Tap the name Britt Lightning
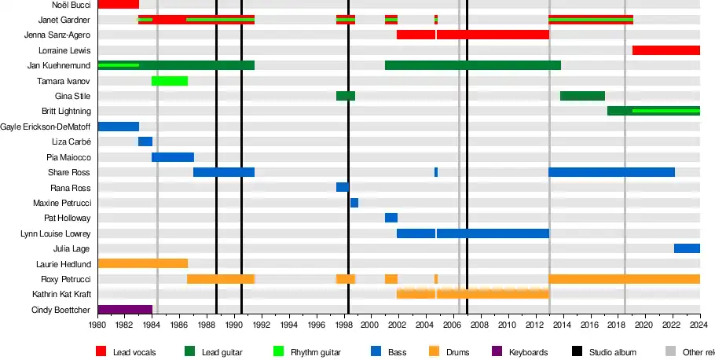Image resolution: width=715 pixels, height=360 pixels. click(66, 112)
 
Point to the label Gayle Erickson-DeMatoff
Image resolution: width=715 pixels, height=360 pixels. click(46, 127)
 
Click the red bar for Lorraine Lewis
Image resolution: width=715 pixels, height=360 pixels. click(665, 50)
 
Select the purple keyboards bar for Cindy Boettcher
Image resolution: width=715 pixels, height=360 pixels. click(125, 310)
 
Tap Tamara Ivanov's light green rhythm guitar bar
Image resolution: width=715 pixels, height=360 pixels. click(170, 81)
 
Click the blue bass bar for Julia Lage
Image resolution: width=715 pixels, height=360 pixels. click(687, 248)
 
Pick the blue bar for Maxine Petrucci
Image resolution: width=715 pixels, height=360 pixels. click(354, 203)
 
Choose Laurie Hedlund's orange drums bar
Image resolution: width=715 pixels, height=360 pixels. click(143, 264)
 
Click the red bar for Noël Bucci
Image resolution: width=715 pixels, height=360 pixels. click(119, 5)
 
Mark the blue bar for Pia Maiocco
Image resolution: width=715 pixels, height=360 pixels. click(173, 157)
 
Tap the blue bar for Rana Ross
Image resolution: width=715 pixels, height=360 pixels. click(343, 187)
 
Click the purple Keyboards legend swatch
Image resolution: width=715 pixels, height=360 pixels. click(497, 352)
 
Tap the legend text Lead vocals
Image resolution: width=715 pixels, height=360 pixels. click(133, 353)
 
